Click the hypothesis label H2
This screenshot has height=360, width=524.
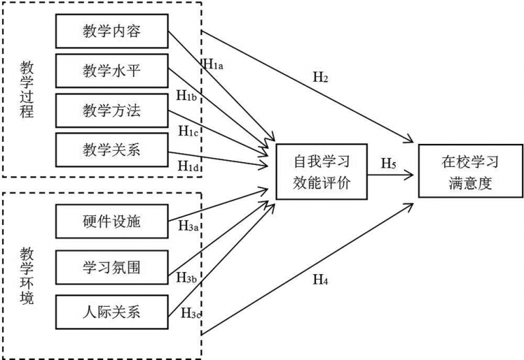pyautogui.click(x=320, y=77)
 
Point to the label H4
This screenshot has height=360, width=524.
pyautogui.click(x=320, y=279)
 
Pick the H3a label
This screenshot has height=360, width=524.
pyautogui.click(x=189, y=224)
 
